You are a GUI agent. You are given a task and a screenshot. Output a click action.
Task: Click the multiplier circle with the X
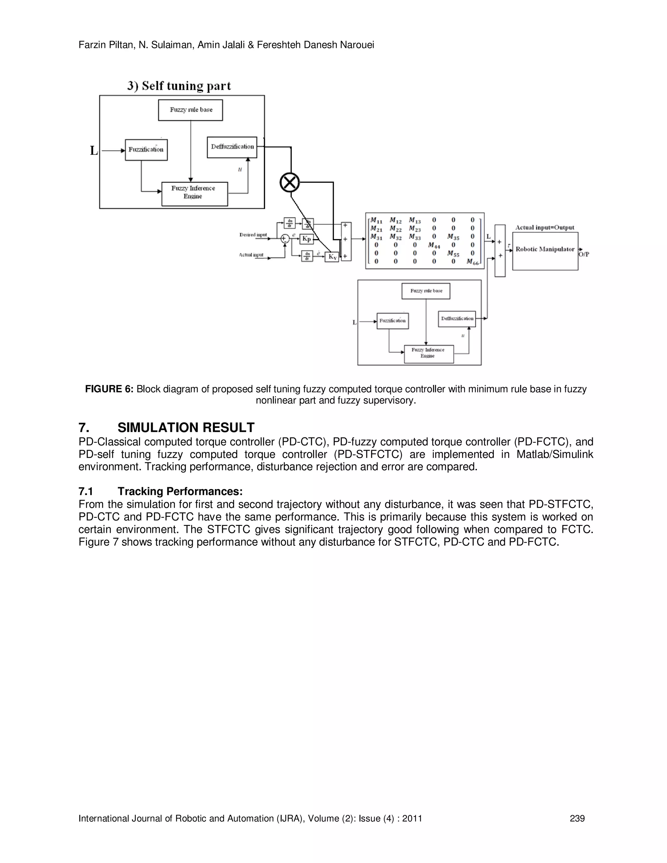tap(290, 183)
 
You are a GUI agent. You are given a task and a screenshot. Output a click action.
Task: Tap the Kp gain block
tap(306, 239)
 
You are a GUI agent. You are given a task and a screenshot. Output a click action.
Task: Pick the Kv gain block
tap(332, 257)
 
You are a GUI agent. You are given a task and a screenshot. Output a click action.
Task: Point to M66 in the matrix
tap(472, 262)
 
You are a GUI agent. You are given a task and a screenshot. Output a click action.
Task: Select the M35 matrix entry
tap(453, 237)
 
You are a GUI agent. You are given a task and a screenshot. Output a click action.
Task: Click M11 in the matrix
tap(376, 220)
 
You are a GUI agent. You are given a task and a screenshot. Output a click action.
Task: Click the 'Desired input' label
tap(253, 235)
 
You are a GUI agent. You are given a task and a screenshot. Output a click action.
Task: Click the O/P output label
tap(584, 254)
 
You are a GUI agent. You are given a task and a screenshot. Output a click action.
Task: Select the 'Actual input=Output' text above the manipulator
tap(545, 227)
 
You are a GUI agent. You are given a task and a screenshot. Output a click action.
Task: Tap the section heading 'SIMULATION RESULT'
tap(186, 427)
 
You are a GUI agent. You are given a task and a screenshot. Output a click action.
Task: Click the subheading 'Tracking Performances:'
tap(180, 491)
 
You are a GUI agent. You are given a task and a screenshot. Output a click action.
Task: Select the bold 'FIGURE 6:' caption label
tap(109, 389)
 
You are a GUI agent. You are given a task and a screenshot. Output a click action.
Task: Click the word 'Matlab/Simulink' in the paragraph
tap(555, 454)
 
